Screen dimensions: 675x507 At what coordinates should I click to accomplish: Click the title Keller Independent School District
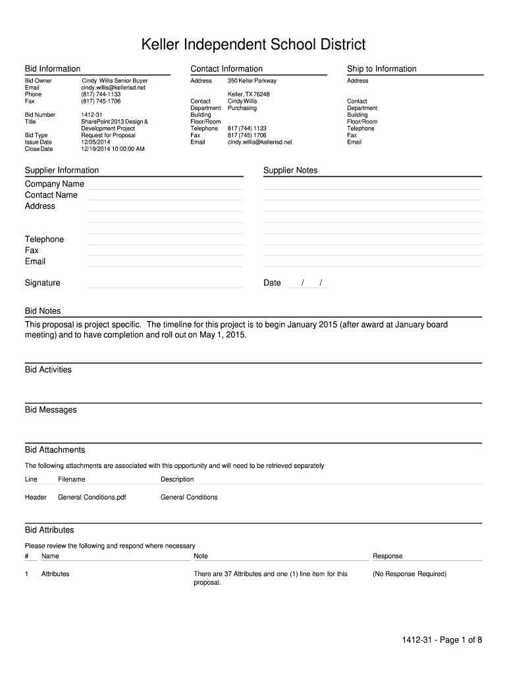coord(254,45)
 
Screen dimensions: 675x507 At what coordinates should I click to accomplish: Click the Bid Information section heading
coord(53,69)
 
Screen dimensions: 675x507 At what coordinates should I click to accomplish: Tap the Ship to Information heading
coord(382,69)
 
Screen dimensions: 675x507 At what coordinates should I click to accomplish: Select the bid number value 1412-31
coord(92,115)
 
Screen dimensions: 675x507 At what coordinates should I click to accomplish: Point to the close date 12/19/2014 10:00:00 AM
coord(113,149)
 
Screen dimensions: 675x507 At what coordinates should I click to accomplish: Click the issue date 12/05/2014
coord(95,142)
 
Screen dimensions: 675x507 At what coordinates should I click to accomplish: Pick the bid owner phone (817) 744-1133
coord(101,94)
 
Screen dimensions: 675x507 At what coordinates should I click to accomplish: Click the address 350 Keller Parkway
coord(252,80)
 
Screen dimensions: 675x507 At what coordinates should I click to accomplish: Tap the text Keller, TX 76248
coord(248,94)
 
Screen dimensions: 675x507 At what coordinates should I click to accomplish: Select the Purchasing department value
coord(242,108)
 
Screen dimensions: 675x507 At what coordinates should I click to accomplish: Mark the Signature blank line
coord(165,285)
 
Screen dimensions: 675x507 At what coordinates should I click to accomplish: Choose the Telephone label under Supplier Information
coord(44,239)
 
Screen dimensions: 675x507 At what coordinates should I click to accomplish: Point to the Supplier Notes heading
coord(290,170)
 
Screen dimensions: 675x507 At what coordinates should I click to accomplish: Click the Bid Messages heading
coord(51,410)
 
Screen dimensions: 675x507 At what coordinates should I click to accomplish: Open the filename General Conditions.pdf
coord(92,497)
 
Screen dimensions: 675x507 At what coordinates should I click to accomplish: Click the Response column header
coord(387,556)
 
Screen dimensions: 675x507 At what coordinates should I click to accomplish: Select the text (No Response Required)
coord(409,574)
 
